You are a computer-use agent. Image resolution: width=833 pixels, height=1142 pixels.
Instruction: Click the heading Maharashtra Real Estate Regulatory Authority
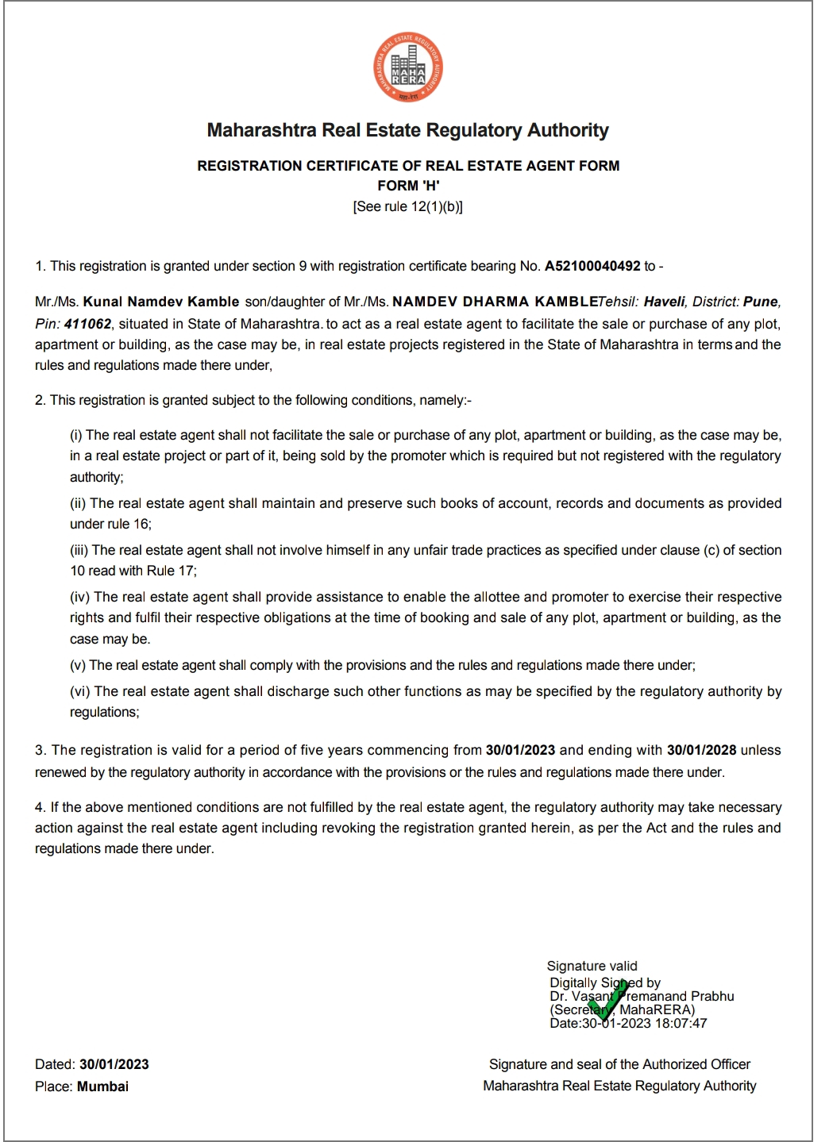click(x=407, y=130)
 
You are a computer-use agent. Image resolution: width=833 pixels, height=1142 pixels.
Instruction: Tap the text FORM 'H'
click(x=408, y=186)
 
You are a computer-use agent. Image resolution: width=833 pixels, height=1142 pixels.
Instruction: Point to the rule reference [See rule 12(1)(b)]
click(x=408, y=206)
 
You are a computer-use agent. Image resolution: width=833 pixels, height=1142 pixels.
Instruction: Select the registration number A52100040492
click(x=592, y=266)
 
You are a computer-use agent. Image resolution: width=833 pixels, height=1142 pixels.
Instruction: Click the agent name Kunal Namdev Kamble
click(x=161, y=302)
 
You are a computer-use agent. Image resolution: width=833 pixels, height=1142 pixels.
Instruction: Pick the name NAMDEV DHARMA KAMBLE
click(x=495, y=302)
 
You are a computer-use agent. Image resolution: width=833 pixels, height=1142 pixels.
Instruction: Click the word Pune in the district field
click(x=761, y=302)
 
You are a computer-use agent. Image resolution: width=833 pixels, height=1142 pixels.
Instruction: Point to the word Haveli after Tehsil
click(x=664, y=302)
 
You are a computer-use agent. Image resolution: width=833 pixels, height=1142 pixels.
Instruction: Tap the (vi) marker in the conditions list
click(x=81, y=691)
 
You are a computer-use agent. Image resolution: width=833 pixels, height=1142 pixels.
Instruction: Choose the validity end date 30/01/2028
click(x=701, y=750)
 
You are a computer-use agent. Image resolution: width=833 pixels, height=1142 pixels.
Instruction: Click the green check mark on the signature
click(x=607, y=1001)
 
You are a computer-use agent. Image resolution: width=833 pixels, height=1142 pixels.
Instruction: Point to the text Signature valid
click(x=592, y=966)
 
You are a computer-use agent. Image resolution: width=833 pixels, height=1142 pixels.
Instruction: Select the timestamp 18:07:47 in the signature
click(x=681, y=1023)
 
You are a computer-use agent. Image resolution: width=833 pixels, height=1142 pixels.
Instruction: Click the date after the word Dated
click(x=114, y=1064)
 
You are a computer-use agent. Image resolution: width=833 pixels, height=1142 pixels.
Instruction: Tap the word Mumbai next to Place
click(x=102, y=1086)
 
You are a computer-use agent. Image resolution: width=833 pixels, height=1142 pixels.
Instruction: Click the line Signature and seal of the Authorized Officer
click(x=619, y=1064)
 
